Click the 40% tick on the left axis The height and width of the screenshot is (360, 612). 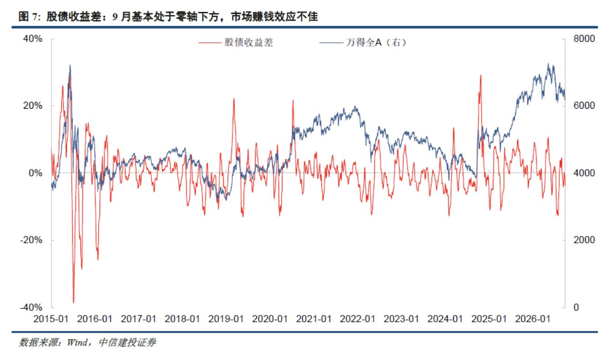pyautogui.click(x=33, y=39)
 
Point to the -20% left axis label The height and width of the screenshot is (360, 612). pyautogui.click(x=31, y=240)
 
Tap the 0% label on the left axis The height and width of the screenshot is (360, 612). pyautogui.click(x=35, y=173)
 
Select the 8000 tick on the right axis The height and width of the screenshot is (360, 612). pyautogui.click(x=584, y=39)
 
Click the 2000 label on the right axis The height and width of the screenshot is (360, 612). pyautogui.click(x=584, y=240)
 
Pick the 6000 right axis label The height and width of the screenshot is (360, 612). pyautogui.click(x=584, y=106)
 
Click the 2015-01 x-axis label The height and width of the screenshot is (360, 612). pyautogui.click(x=51, y=319)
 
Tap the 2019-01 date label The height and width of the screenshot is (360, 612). pyautogui.click(x=226, y=319)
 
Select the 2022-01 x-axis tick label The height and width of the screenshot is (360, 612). pyautogui.click(x=357, y=319)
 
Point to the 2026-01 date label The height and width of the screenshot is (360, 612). pyautogui.click(x=533, y=319)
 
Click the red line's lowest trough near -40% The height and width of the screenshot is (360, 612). pyautogui.click(x=73, y=303)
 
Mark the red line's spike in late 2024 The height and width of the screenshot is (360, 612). pyautogui.click(x=481, y=75)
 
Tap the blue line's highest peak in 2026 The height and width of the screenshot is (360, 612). pyautogui.click(x=548, y=64)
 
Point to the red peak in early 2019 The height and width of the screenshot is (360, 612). pyautogui.click(x=234, y=99)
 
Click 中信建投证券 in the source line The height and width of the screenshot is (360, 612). pyautogui.click(x=127, y=343)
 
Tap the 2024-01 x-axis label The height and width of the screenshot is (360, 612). pyautogui.click(x=445, y=319)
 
